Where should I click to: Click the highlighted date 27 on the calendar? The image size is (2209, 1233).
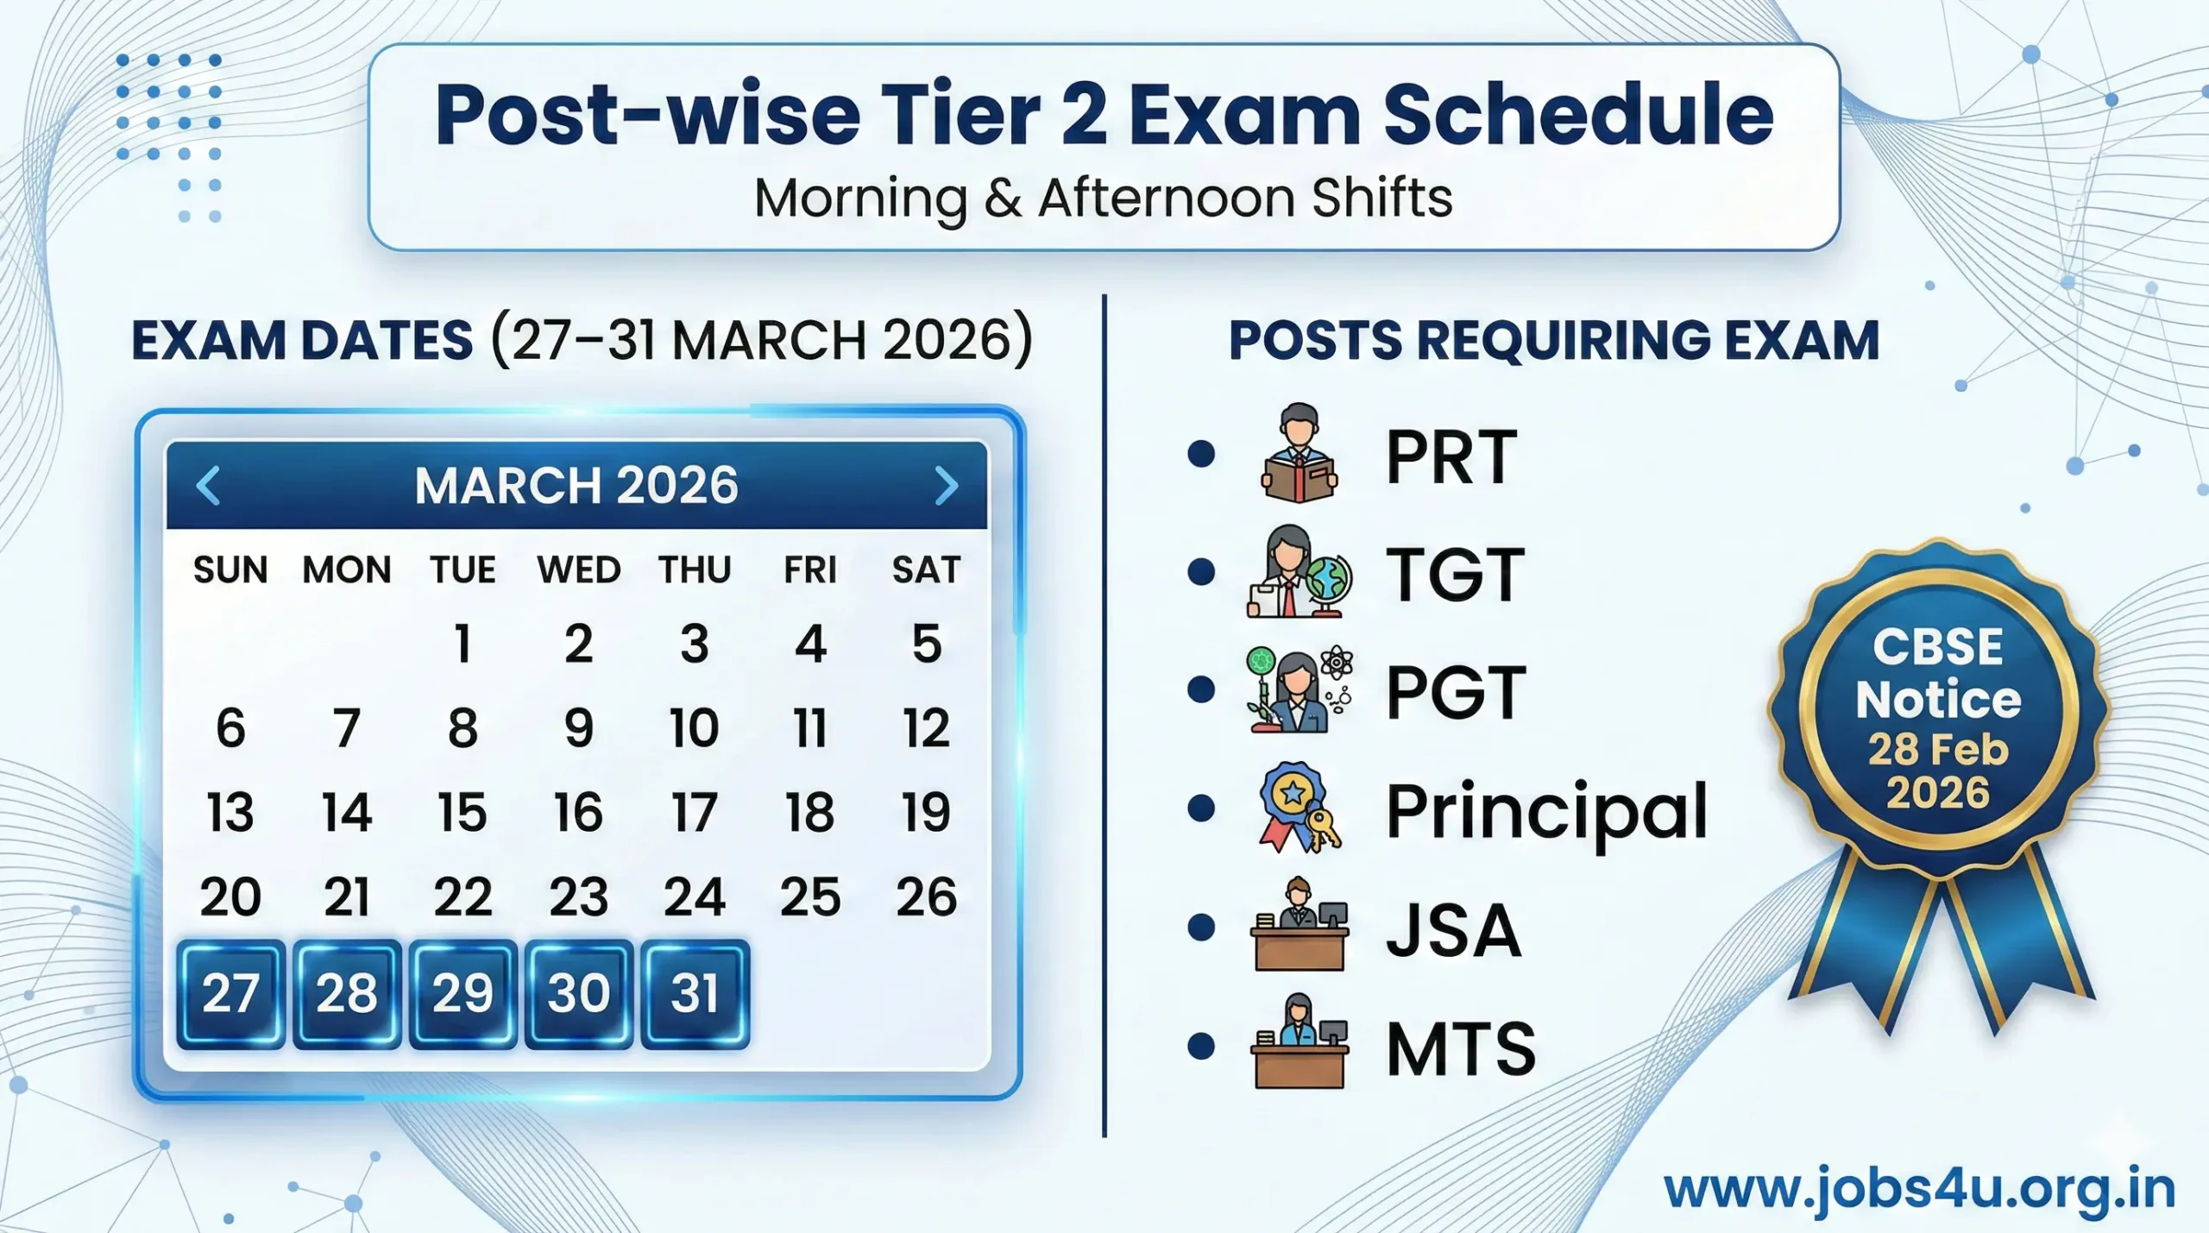pos(230,993)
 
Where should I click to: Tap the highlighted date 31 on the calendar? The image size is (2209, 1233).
pos(695,993)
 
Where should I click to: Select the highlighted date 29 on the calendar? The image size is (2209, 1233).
pos(463,993)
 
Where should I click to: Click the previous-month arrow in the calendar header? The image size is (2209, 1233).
pos(209,485)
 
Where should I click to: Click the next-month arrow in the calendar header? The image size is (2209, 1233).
pos(947,485)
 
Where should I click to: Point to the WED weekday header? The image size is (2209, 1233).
pos(578,570)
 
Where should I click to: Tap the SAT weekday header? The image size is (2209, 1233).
pos(926,570)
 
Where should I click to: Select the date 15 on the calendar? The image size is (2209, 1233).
pos(463,812)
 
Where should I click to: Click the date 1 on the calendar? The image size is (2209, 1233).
pos(463,644)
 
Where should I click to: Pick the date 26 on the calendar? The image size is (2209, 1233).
pos(926,896)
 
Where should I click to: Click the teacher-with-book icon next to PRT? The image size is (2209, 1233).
pos(1299,453)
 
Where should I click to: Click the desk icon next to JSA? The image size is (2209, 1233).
pos(1299,928)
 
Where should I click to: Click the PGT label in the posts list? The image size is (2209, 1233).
pos(1456,692)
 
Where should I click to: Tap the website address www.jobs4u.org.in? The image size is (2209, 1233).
pos(1919,1189)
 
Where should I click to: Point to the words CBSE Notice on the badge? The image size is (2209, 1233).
pos(1938,673)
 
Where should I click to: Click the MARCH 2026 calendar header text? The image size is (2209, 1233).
pos(576,485)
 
